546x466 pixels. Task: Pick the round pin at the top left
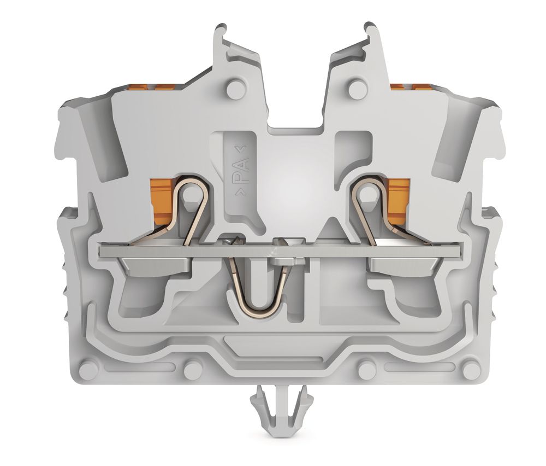pos(235,89)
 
